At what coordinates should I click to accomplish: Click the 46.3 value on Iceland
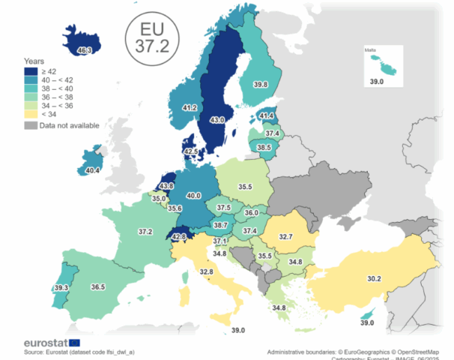coord(84,50)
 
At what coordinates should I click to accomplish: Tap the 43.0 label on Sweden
coord(216,120)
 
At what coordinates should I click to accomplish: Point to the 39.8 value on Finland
coord(260,85)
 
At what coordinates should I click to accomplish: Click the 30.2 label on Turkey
coord(374,278)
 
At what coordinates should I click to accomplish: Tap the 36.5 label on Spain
coord(97,286)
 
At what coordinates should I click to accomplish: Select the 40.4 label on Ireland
coord(93,171)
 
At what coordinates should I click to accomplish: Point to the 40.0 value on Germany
coord(194,196)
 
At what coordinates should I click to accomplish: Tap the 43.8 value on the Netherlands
coord(166,186)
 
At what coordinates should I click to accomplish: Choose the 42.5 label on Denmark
coord(191,151)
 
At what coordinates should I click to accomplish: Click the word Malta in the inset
coord(370,50)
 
